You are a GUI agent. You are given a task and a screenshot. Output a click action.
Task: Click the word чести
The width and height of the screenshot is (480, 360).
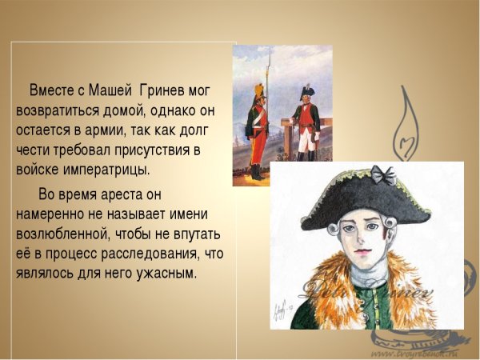[34, 150]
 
